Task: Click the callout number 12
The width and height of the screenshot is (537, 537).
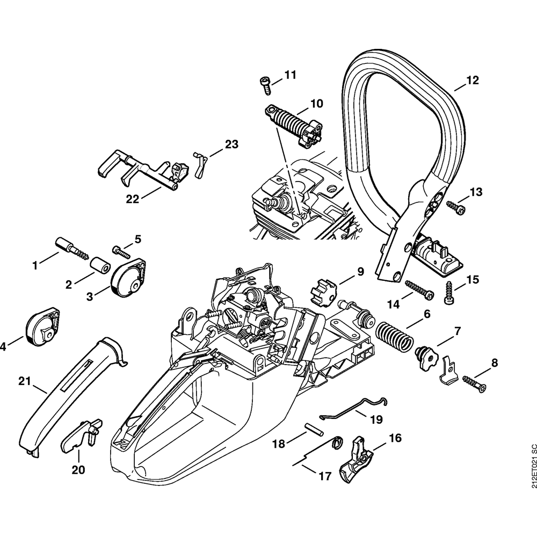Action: (x=472, y=81)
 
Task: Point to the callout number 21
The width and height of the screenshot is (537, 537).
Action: (x=23, y=381)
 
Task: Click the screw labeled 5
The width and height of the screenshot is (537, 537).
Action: (x=121, y=250)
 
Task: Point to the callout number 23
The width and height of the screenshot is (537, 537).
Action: (x=231, y=144)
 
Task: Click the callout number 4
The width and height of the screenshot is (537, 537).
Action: (x=4, y=347)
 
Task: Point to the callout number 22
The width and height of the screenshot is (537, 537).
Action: (x=132, y=199)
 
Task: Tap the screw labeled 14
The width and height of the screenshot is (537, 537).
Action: (x=419, y=290)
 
